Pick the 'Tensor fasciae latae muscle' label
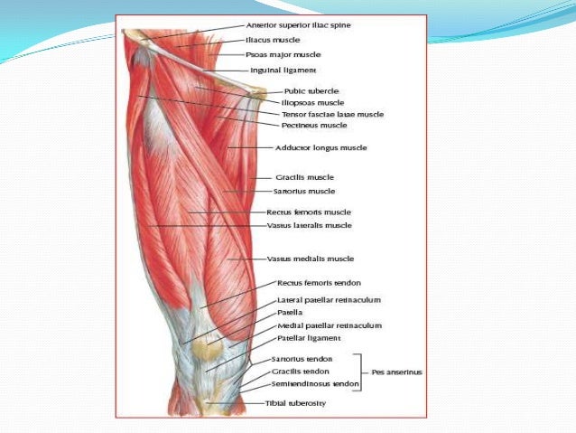coord(332,115)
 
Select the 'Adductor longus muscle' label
coord(321,147)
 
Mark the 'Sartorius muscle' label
coord(305,192)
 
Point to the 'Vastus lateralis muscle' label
coord(310,225)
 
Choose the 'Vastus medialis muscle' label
coord(310,259)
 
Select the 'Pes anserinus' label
coord(396,372)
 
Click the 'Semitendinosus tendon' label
coord(315,384)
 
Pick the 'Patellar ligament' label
coord(309,338)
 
